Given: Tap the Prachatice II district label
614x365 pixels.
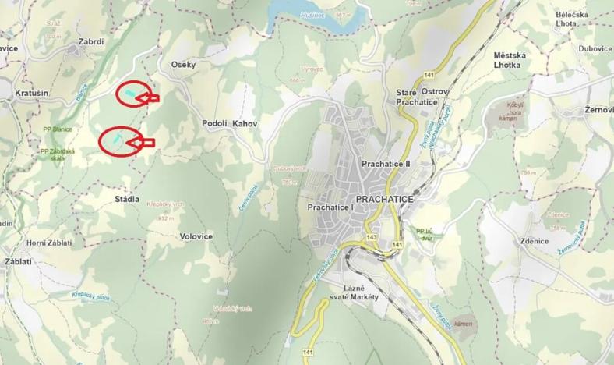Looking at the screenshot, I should pos(385,165).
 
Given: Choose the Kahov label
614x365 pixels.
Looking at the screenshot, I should pos(244,124).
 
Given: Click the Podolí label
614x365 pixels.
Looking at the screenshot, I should pos(213,124).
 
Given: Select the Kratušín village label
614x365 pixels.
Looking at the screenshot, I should pos(30,94).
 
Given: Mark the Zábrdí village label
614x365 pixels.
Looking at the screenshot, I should pos(91,42).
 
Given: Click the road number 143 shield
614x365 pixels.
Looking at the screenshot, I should pos(371,236).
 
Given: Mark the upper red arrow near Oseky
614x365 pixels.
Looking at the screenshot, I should pos(150,97).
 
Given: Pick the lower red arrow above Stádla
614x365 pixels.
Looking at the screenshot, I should pos(143,142).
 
